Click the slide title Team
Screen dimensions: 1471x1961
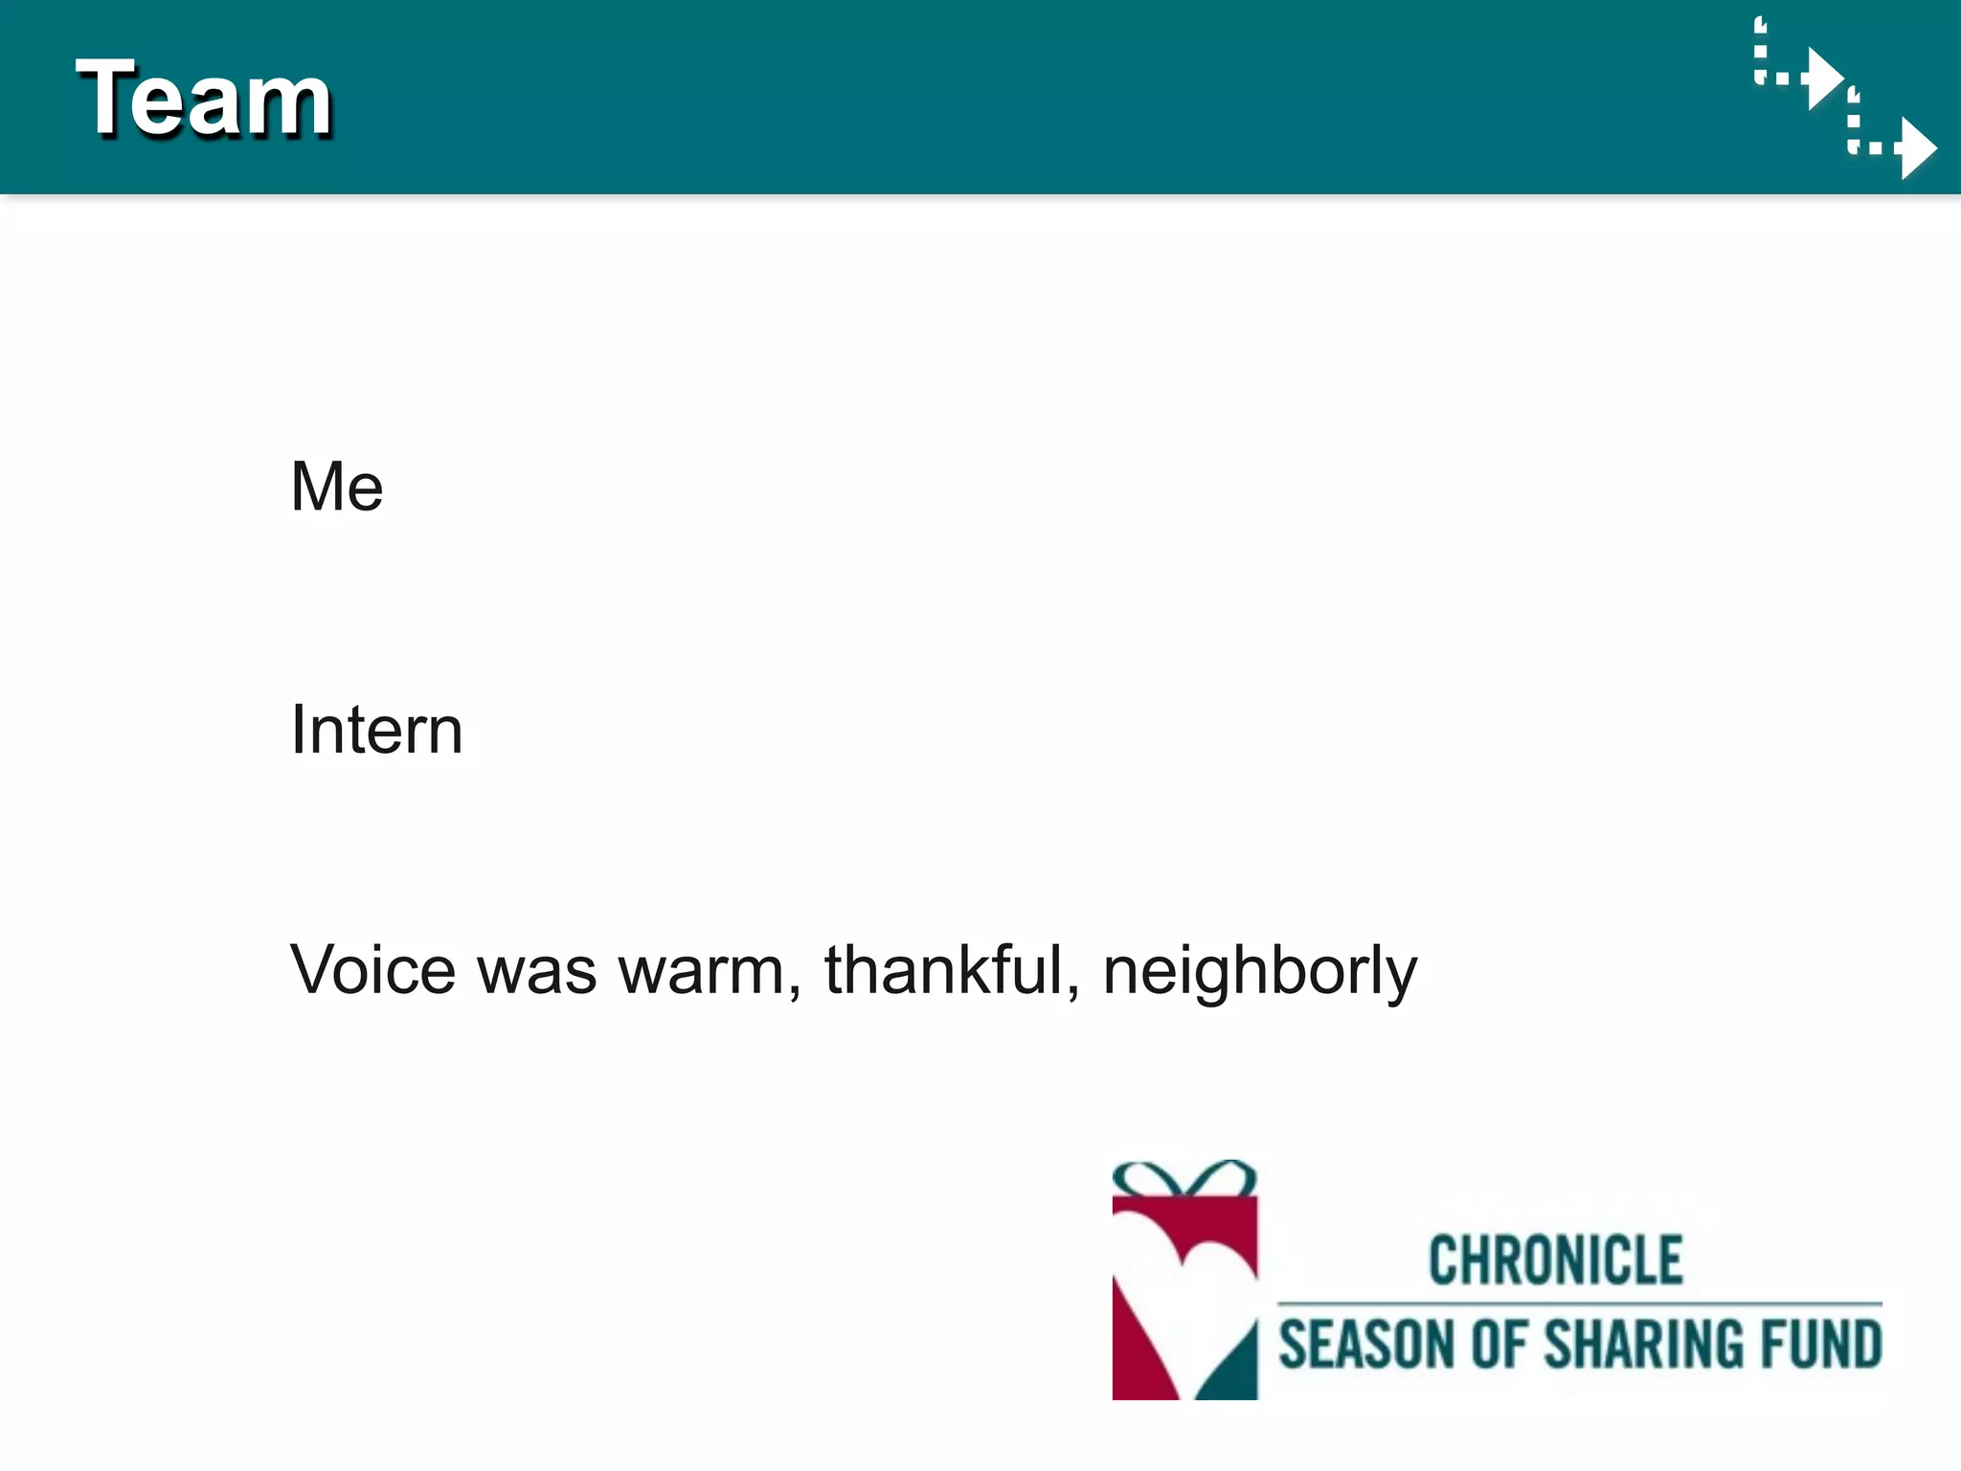203,98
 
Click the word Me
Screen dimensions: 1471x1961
336,487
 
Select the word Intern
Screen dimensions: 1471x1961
376,730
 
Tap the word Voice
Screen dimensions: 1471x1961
372,970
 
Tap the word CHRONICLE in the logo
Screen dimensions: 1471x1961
1555,1260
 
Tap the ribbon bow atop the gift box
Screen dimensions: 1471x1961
1184,1179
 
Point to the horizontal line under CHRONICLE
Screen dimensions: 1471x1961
1580,1303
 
